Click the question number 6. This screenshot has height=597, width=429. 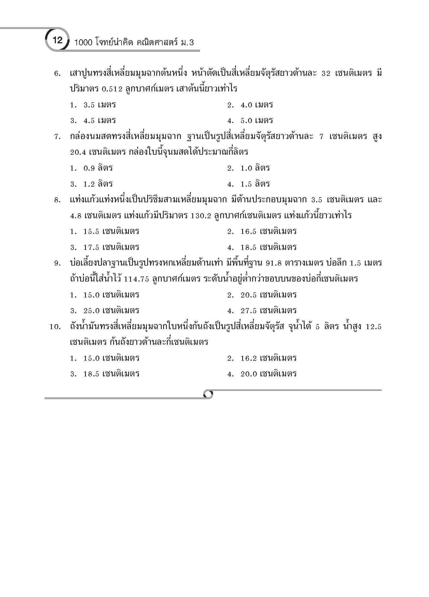click(57, 74)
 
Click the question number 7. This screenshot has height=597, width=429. click(57, 137)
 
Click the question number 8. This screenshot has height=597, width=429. click(57, 200)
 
